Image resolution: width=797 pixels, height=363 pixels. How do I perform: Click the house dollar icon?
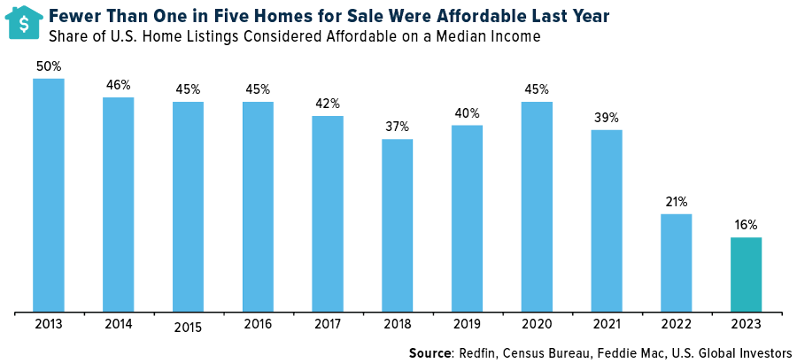click(x=25, y=22)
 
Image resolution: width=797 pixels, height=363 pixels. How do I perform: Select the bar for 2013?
click(x=49, y=195)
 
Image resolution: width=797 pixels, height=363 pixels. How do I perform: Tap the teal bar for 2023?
click(x=746, y=274)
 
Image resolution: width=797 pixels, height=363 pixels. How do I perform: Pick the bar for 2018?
click(x=398, y=226)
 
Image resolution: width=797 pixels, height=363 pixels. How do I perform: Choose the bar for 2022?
click(x=677, y=263)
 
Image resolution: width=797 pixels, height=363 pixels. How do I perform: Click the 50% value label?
click(x=49, y=67)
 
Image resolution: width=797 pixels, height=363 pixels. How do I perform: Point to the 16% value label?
click(x=746, y=225)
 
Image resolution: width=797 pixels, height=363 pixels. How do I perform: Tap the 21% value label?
click(x=677, y=202)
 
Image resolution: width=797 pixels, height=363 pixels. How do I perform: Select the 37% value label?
click(x=398, y=127)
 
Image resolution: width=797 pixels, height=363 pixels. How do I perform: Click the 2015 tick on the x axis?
click(x=188, y=328)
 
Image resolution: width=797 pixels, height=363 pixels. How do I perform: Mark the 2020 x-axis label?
click(x=537, y=325)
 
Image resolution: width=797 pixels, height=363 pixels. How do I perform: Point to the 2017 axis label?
click(x=328, y=325)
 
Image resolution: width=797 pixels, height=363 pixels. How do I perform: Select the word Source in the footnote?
click(x=430, y=352)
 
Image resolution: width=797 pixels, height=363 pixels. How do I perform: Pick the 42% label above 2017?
click(x=328, y=104)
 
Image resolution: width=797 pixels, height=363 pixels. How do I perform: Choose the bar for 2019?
click(x=467, y=219)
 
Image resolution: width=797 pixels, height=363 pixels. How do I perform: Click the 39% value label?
click(x=607, y=118)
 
